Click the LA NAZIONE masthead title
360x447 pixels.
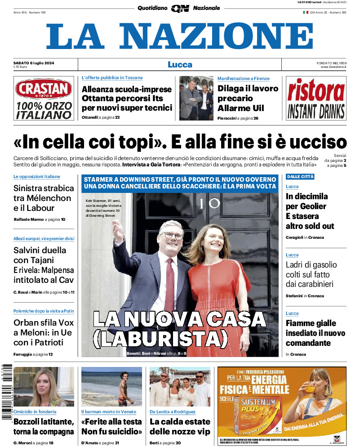180,36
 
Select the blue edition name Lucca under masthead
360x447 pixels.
180,64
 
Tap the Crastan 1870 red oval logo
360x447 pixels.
43,89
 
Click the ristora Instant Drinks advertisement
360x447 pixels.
316,98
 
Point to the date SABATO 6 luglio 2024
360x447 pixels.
34,63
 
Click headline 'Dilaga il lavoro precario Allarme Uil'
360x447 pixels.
248,98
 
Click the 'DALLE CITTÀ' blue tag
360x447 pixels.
300,177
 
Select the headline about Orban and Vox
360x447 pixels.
43,332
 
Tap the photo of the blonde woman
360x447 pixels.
43,387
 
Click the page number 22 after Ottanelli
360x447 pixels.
117,117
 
